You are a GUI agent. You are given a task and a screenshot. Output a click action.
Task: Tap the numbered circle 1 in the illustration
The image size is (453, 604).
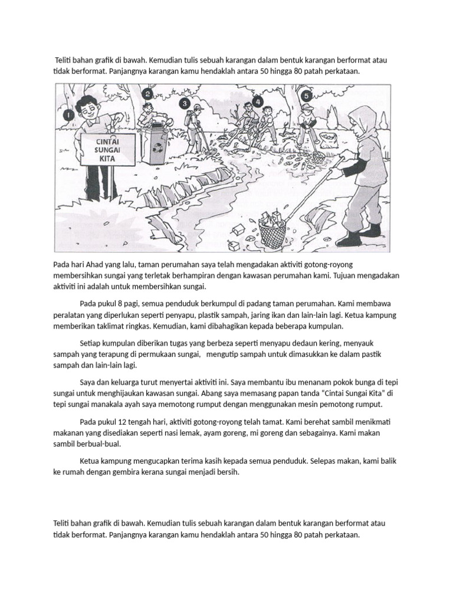coord(68,116)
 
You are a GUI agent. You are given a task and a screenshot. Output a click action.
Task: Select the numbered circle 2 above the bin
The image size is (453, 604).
coord(147,94)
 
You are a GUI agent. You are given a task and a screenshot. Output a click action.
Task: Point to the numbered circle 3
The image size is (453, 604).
coord(184,104)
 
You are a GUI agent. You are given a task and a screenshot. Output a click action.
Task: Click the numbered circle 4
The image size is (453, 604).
coord(258,101)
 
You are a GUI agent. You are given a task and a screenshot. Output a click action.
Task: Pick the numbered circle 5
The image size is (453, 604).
coord(306,96)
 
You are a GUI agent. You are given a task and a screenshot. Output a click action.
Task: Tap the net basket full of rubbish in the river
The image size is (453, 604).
coord(273,231)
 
